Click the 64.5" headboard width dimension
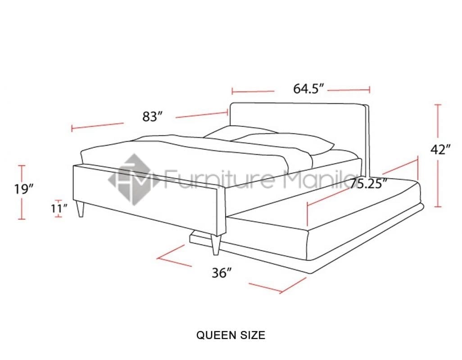coord(309,89)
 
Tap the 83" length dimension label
coord(152,117)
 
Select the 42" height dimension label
coord(440,150)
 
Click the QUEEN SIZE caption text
coord(231,335)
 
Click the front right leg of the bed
coord(215,245)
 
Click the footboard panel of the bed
coord(149,198)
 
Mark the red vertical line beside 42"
coord(437,155)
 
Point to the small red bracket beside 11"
coord(59,208)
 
